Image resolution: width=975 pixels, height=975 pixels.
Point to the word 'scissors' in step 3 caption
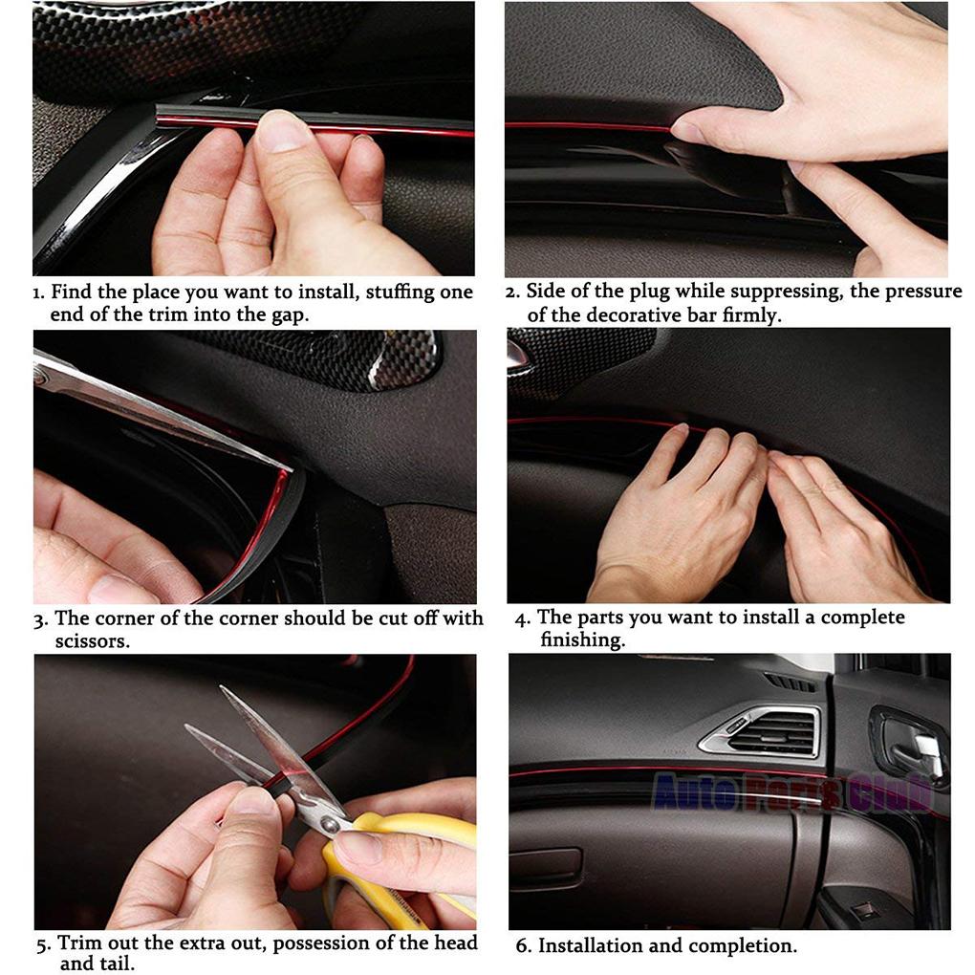coord(92,642)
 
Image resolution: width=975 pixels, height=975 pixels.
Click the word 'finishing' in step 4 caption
coord(581,640)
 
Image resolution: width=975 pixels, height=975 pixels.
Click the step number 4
coord(522,619)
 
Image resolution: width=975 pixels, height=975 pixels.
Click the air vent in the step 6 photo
coord(765,732)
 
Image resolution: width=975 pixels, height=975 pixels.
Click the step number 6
coord(522,946)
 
